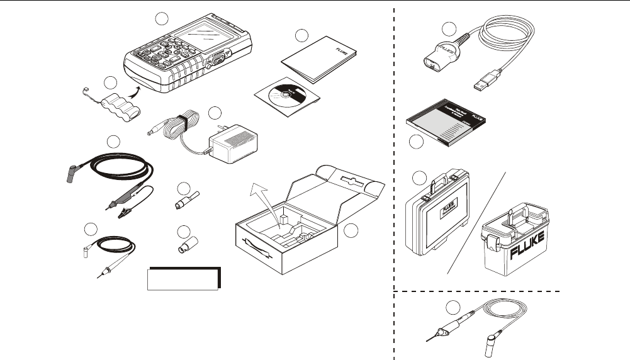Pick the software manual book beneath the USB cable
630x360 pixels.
(x=444, y=127)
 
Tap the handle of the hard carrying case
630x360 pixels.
(x=444, y=181)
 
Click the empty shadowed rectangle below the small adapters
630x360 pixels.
(x=183, y=278)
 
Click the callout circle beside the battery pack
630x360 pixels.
(x=111, y=82)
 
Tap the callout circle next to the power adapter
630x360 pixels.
(x=215, y=113)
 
